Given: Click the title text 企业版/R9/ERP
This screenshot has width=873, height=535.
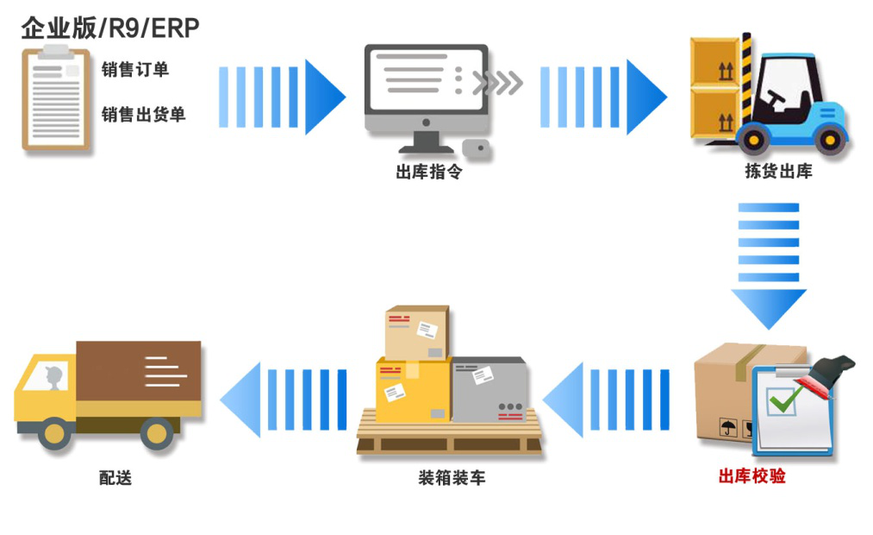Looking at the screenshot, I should pyautogui.click(x=110, y=28).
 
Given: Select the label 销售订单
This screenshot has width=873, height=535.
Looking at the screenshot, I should pyautogui.click(x=135, y=70).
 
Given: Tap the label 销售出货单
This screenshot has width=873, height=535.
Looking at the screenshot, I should pyautogui.click(x=143, y=114).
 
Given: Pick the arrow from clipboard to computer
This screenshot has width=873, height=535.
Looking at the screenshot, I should pyautogui.click(x=281, y=98).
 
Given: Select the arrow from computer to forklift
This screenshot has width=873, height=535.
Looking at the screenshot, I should pyautogui.click(x=602, y=98).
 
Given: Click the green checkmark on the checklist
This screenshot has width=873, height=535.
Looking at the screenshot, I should pyautogui.click(x=785, y=398).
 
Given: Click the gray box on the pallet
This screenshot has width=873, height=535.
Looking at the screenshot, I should pyautogui.click(x=489, y=389).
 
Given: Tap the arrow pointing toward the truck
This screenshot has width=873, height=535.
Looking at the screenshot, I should pyautogui.click(x=284, y=400).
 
